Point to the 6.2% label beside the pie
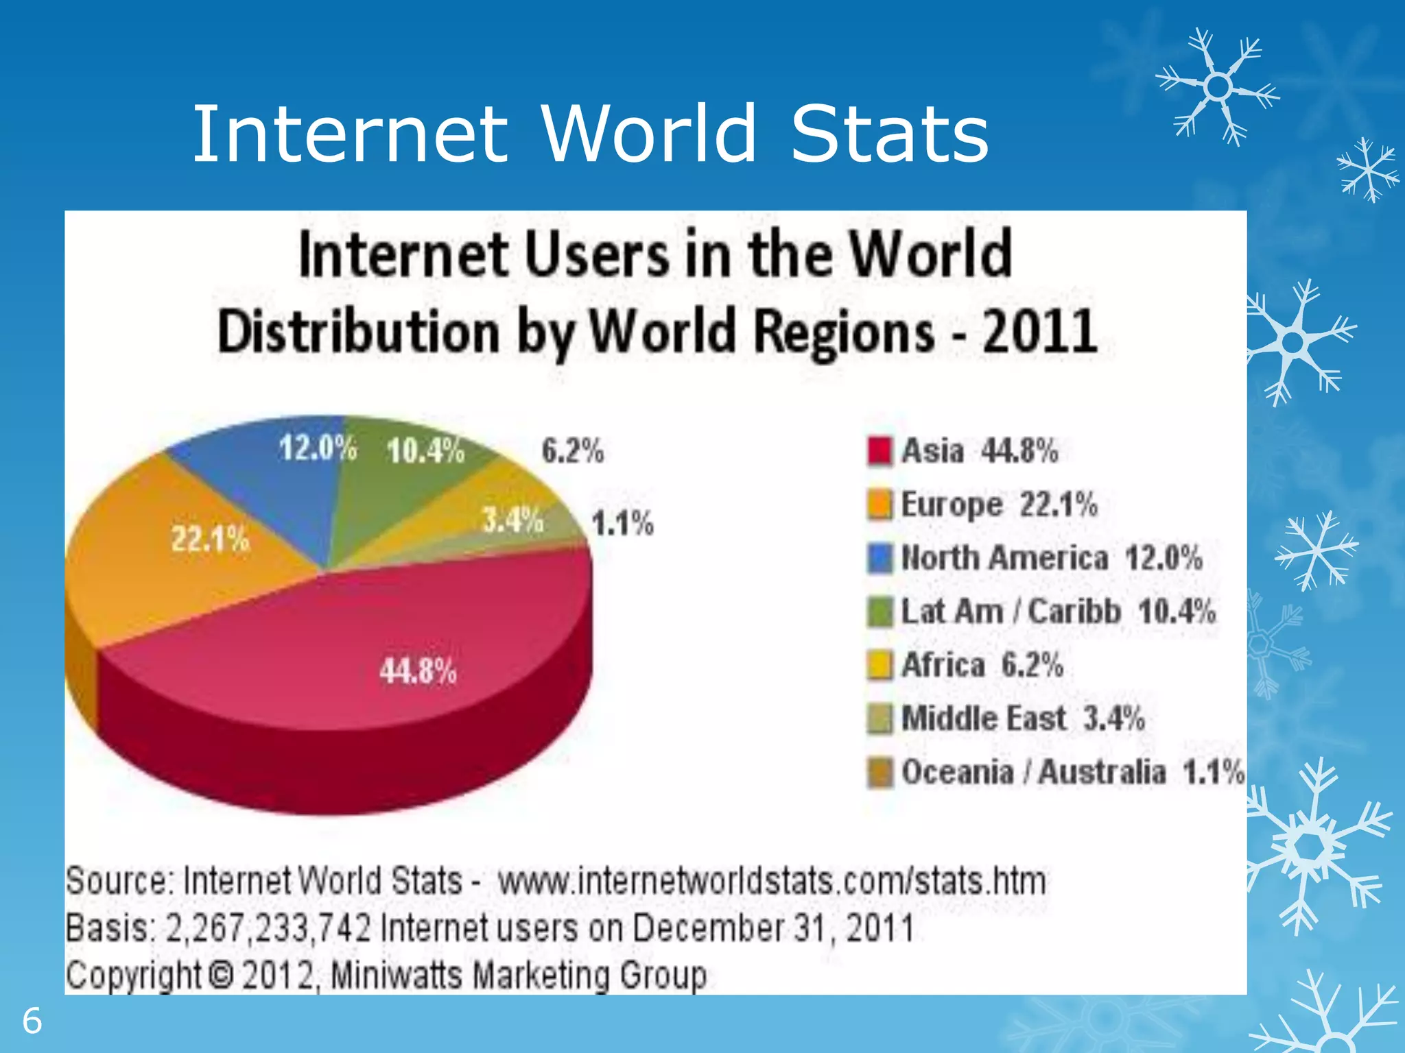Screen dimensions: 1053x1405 point(573,451)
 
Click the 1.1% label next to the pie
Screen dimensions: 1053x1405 point(623,524)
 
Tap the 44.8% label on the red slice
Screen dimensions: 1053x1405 point(418,670)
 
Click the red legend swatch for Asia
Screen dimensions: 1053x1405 point(879,451)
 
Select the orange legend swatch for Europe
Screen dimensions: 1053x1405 point(879,505)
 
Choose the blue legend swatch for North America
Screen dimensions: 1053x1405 point(879,558)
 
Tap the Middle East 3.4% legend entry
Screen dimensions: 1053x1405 point(1022,718)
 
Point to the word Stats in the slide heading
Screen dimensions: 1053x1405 point(890,134)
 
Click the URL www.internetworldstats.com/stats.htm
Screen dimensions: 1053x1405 point(772,881)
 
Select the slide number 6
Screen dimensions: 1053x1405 point(32,1021)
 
